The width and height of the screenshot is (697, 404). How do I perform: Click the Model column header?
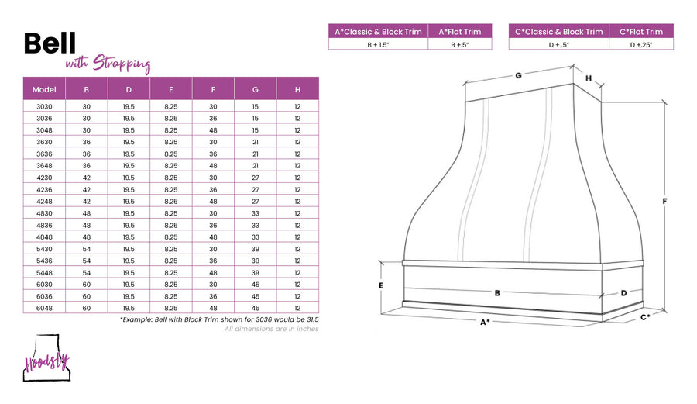(44, 89)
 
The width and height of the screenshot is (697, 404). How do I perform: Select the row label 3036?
(44, 119)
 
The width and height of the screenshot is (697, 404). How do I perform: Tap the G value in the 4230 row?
(255, 178)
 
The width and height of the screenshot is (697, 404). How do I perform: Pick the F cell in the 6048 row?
(213, 308)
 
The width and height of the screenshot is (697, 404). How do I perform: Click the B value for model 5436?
(86, 261)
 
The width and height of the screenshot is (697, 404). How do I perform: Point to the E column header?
(170, 89)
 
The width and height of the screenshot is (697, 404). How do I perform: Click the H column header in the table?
(297, 89)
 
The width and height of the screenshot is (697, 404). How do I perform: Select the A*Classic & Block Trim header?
(378, 32)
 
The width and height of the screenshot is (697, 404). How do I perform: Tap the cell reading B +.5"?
(459, 44)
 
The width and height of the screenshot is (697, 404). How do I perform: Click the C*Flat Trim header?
(641, 32)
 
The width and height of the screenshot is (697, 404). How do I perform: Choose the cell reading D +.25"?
(641, 44)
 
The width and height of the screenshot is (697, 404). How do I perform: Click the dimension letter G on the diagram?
(518, 76)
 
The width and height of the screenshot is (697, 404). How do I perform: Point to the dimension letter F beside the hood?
(664, 201)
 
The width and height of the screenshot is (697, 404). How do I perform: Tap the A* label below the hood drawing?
(485, 322)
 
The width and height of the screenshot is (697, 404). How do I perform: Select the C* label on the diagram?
(645, 317)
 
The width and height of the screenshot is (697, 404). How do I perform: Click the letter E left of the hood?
(381, 285)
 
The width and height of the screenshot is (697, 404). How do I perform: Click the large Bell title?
(50, 43)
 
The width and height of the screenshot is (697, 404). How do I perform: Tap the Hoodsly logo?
(46, 358)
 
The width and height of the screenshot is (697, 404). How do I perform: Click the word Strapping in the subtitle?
(122, 64)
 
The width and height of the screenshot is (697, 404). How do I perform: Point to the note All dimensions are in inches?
(272, 329)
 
